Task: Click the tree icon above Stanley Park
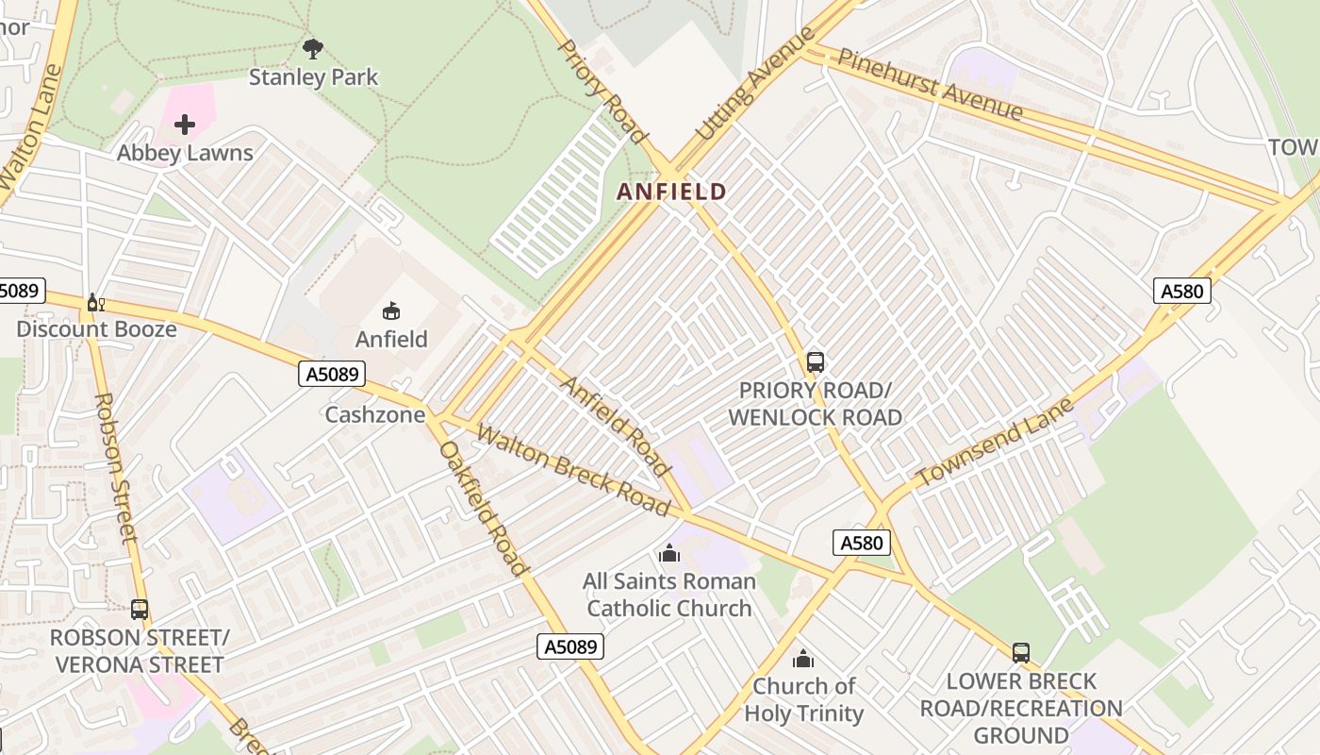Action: click(313, 48)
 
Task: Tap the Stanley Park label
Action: click(313, 77)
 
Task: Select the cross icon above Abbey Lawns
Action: click(185, 124)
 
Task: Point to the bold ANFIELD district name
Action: click(671, 192)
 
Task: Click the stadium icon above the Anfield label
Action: click(391, 310)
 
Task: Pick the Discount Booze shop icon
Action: click(93, 303)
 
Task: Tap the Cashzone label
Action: click(374, 414)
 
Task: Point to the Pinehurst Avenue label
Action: click(930, 85)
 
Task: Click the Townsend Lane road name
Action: click(996, 443)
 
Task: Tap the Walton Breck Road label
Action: click(572, 470)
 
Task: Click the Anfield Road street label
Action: click(615, 426)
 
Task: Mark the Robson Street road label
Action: click(116, 468)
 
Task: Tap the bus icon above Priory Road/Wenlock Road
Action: click(816, 361)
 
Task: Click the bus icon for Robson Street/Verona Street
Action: click(140, 610)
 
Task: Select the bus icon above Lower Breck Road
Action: click(1021, 652)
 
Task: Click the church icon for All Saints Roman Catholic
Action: click(669, 553)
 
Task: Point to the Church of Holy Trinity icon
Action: click(803, 659)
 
